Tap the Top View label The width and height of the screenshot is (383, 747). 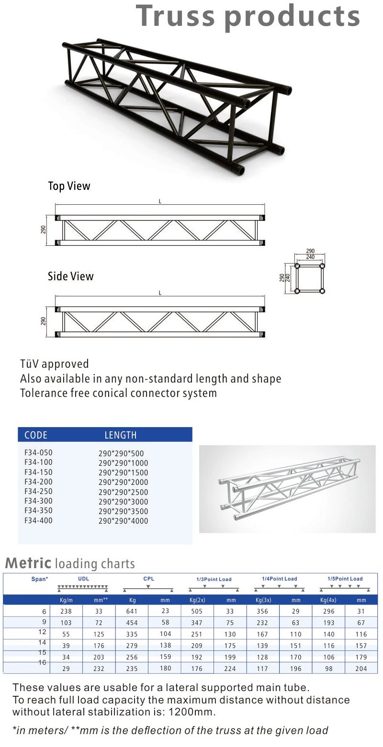point(69,186)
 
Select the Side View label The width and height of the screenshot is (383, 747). point(70,276)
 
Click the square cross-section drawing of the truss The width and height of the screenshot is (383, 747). point(309,278)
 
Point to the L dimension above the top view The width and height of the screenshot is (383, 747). point(160,201)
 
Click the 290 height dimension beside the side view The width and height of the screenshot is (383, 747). point(43,321)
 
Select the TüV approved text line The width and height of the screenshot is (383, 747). point(54,364)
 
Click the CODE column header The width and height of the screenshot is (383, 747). point(36,435)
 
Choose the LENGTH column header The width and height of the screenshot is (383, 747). point(121,435)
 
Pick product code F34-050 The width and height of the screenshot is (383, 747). point(38,452)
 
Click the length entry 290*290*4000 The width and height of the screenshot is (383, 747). point(123,521)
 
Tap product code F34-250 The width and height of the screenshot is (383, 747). point(38,491)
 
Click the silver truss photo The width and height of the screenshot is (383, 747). point(287,489)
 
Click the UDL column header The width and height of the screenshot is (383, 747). point(83,579)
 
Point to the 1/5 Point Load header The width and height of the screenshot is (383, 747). point(345,579)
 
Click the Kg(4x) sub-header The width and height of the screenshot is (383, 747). point(328,600)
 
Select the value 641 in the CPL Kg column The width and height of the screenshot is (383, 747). point(132,611)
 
